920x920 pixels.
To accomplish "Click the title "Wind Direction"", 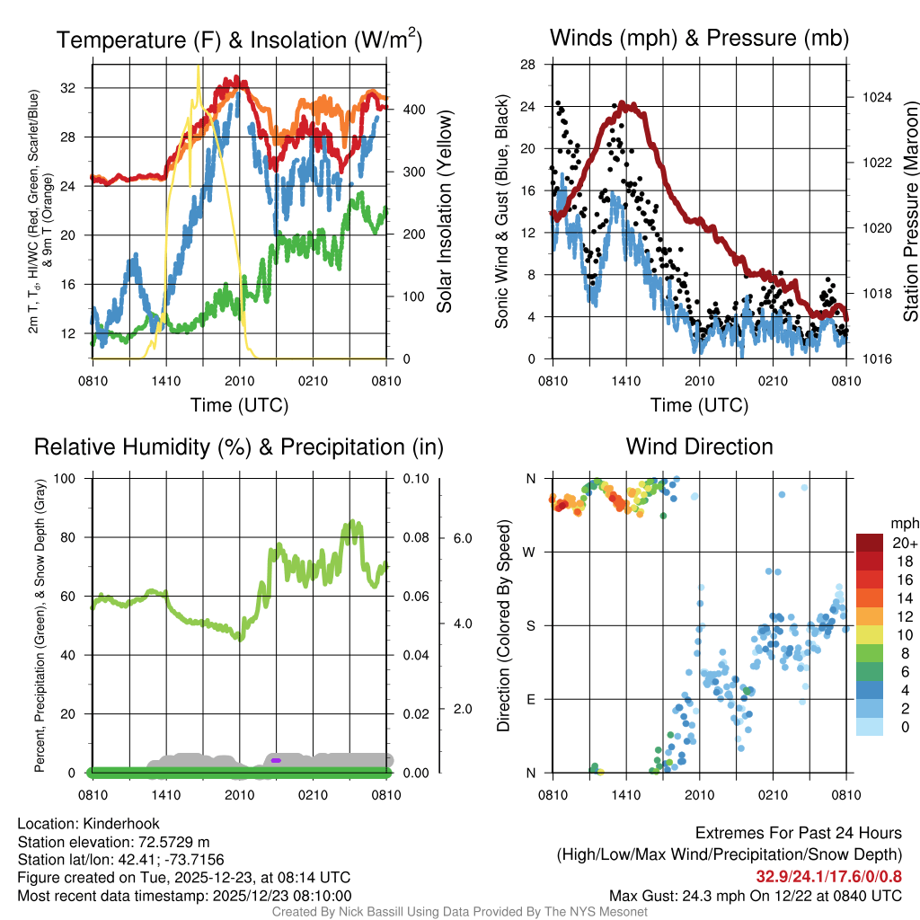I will (x=699, y=447).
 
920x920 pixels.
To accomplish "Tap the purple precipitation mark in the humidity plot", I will (x=276, y=760).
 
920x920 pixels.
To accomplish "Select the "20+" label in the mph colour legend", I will (x=905, y=544).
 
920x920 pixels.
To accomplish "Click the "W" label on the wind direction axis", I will (x=530, y=552).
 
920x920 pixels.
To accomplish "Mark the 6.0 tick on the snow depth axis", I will (x=461, y=537).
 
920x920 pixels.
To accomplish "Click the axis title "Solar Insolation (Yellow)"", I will (x=444, y=211).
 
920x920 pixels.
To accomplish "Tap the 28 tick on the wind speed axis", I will (x=528, y=65).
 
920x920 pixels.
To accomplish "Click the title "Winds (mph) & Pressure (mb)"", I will (x=699, y=39).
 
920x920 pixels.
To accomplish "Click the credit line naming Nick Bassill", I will (x=459, y=912).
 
